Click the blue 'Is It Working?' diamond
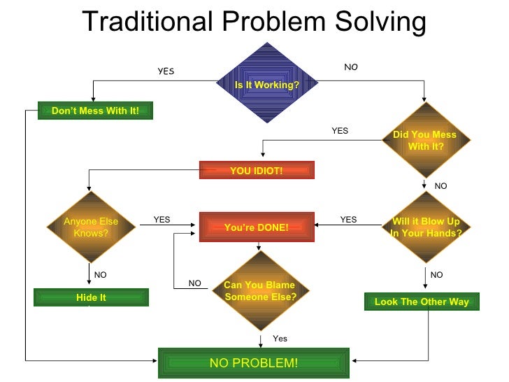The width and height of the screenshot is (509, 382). point(267,85)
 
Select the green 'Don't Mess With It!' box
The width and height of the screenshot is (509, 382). point(95,111)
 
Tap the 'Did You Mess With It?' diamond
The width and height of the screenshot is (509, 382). point(424,140)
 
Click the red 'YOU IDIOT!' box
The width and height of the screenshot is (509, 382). point(257,170)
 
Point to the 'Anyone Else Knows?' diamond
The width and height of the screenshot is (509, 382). point(91,227)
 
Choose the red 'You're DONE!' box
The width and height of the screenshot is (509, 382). point(257,227)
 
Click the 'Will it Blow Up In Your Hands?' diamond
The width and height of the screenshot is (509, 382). point(426,227)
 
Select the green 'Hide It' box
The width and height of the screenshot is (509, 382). point(91,297)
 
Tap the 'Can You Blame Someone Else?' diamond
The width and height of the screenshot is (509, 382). point(259,290)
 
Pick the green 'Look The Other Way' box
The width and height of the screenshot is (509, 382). point(422,302)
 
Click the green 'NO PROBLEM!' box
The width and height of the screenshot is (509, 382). point(254,362)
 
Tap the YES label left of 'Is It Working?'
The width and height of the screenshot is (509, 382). point(166,71)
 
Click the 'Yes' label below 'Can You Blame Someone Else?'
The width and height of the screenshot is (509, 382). point(280,339)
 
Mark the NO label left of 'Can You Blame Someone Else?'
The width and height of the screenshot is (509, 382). point(194,283)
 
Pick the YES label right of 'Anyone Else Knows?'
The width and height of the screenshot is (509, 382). point(162,219)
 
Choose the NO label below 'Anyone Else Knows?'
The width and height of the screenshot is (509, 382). point(100,275)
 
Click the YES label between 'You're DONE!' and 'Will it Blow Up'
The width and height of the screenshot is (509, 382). point(348,219)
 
